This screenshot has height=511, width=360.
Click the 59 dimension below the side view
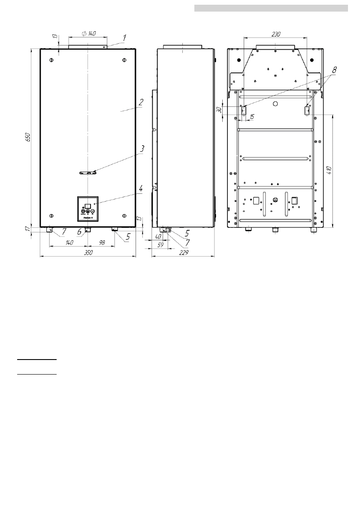161,245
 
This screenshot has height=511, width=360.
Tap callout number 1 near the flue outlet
124,38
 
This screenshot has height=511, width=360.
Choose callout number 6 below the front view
79,232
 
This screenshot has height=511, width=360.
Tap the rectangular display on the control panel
88,206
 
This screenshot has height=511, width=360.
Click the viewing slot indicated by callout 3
88,173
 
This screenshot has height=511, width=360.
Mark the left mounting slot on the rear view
244,111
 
